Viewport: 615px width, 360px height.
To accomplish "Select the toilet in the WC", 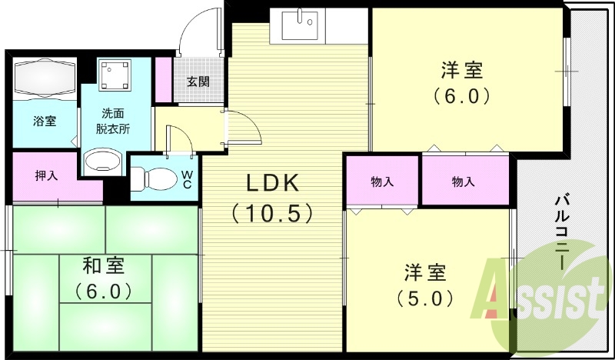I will click(153, 179).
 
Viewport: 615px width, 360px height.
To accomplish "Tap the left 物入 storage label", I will click(382, 182).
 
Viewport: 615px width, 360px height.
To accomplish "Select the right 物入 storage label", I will click(463, 182).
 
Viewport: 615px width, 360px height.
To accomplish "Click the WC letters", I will click(187, 178).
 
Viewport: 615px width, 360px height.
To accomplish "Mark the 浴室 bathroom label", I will click(44, 121).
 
